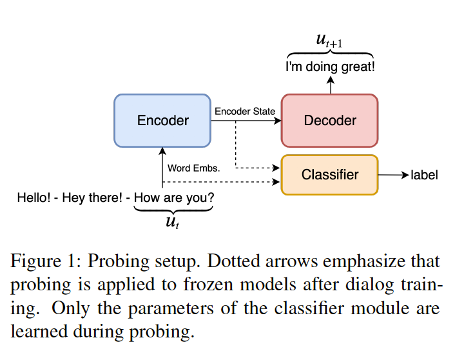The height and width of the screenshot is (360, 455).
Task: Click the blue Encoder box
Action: [162, 121]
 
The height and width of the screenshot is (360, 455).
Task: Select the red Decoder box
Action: [329, 121]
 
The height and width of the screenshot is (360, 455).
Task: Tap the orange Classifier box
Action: [329, 175]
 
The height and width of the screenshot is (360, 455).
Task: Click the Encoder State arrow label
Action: [245, 112]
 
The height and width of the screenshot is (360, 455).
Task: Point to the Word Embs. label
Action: [194, 168]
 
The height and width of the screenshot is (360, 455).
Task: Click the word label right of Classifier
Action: [424, 175]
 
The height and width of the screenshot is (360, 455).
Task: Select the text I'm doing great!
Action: [330, 66]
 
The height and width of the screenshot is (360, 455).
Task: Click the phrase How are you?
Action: [174, 197]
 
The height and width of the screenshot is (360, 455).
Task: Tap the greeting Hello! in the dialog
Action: [34, 197]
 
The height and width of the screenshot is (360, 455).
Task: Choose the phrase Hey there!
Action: [92, 197]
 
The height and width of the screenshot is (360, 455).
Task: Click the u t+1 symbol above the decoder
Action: [330, 39]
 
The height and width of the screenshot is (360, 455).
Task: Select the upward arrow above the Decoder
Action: [330, 84]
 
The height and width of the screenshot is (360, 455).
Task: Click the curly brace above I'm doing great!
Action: [330, 54]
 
